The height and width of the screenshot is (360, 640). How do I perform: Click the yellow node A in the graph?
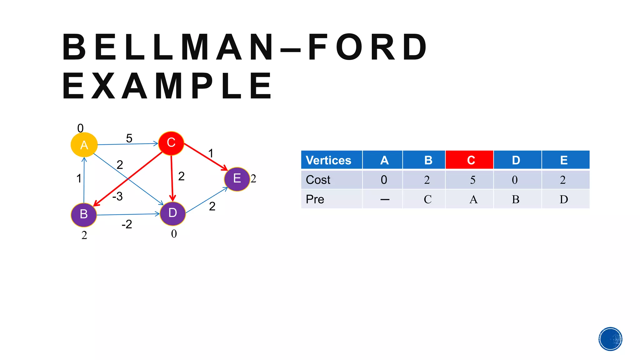click(x=84, y=145)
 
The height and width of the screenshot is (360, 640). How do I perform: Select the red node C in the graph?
click(x=171, y=143)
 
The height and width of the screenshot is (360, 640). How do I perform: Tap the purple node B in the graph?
click(x=84, y=214)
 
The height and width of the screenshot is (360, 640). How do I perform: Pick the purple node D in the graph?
click(x=172, y=213)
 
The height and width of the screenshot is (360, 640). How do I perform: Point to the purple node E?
click(x=237, y=179)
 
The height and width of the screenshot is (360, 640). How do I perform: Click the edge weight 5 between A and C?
click(x=129, y=138)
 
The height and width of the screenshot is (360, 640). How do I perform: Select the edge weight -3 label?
click(x=117, y=196)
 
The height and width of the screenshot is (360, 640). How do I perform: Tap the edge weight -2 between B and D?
click(x=127, y=224)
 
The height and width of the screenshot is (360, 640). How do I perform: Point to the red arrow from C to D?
click(x=172, y=178)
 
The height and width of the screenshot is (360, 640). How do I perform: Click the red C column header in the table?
click(x=469, y=160)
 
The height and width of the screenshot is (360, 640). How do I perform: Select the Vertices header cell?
click(x=331, y=160)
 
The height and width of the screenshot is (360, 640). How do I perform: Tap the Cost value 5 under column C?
click(x=472, y=180)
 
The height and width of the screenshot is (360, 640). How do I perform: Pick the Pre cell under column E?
click(x=564, y=199)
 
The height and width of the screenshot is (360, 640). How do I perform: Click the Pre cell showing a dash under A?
click(x=385, y=199)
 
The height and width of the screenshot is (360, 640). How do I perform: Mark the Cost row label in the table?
click(x=318, y=180)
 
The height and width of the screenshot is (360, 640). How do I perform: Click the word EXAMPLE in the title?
click(x=167, y=86)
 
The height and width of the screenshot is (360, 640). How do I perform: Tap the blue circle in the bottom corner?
click(x=610, y=339)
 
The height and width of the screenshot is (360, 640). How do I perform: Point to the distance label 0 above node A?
click(x=80, y=128)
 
